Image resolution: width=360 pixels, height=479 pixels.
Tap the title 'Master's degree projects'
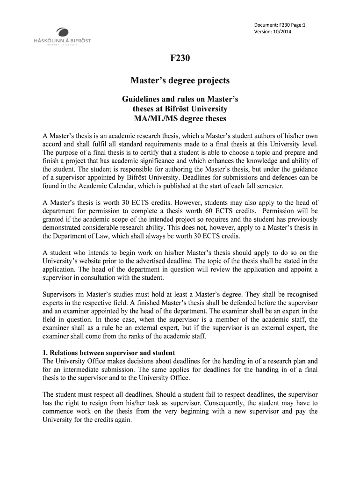(x=180, y=81)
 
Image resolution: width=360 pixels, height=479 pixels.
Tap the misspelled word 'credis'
(x=229, y=236)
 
